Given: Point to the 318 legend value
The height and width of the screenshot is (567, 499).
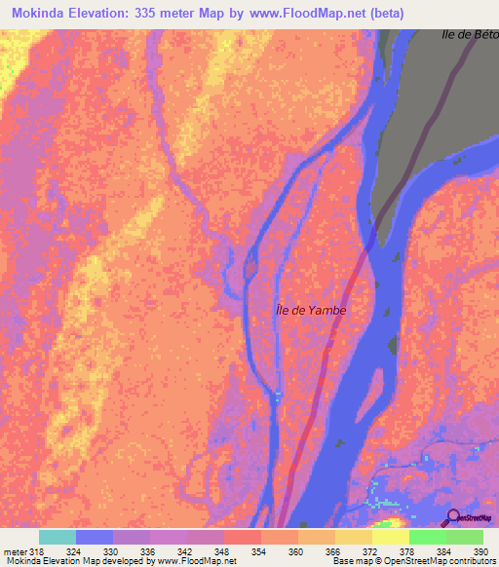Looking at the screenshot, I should (38, 550).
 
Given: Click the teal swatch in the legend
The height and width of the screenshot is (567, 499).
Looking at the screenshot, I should (58, 537).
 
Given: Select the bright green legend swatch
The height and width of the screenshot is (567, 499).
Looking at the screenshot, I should (427, 537).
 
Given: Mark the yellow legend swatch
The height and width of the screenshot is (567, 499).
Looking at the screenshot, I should (390, 537).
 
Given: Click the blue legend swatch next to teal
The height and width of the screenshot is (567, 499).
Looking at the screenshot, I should (95, 537).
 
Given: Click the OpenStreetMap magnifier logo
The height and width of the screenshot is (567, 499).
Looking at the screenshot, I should (453, 516).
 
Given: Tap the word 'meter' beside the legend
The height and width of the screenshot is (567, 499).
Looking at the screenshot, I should (15, 550).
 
